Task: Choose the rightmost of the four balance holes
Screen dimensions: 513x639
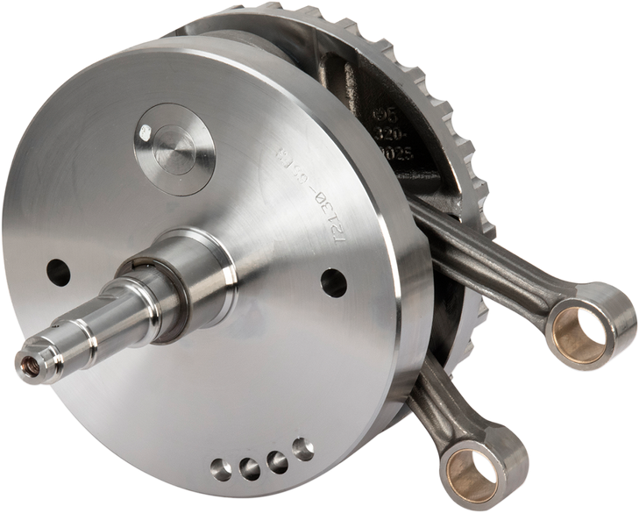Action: coord(303,451)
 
